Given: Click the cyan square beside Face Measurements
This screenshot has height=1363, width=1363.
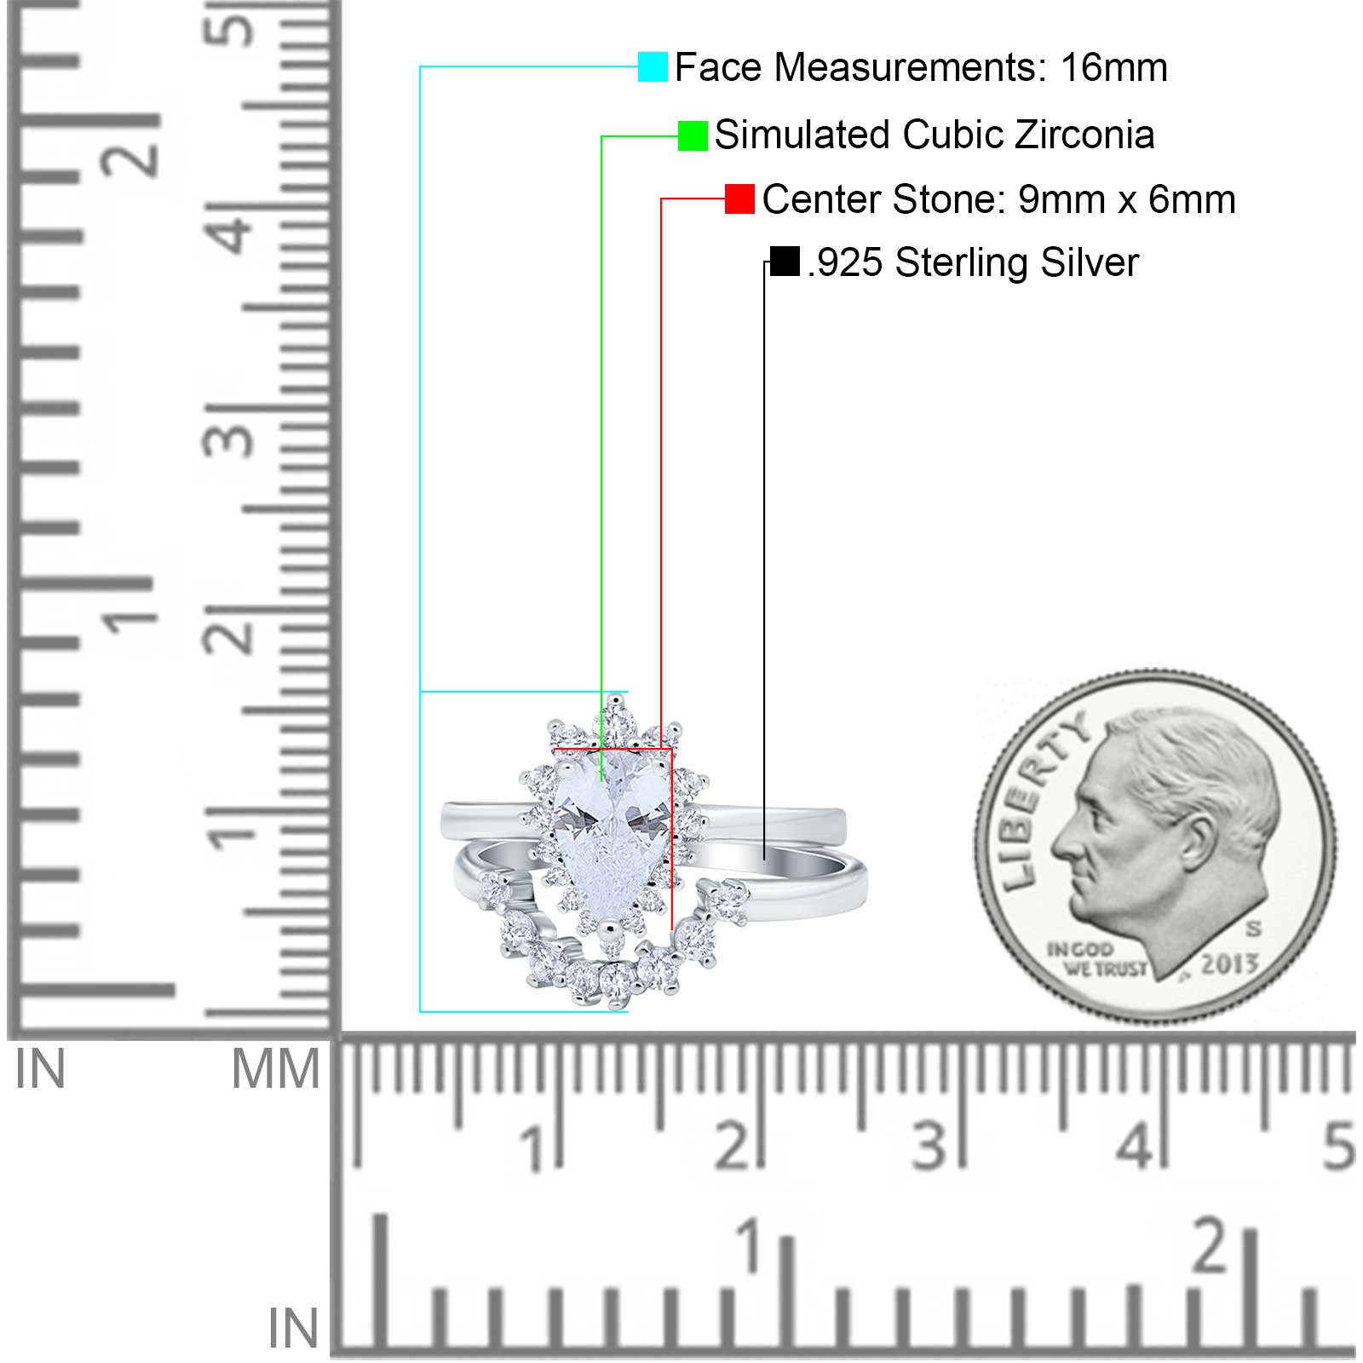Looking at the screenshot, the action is pos(653,66).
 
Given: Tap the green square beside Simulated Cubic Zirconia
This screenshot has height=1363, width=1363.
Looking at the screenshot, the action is pos(693,135).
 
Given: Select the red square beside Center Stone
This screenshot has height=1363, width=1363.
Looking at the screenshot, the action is pos(739,198).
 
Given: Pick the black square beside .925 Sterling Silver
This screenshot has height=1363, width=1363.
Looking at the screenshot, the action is pos(785,262).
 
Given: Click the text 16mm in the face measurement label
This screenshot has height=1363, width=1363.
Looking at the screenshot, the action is pos(1113,67).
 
